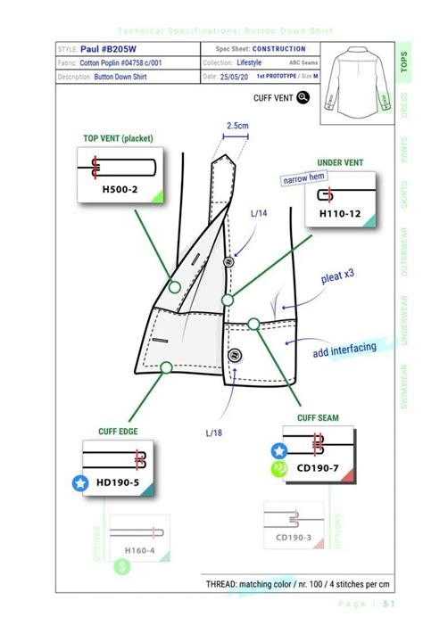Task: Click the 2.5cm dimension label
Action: pos(236,126)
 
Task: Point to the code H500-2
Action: pos(120,188)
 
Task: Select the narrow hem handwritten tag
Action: pos(301,180)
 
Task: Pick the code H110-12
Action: pos(340,214)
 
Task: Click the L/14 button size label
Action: pos(259,213)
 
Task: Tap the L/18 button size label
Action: pos(213,432)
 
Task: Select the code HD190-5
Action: pos(119,482)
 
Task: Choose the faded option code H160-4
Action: pos(139,550)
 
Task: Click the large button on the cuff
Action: pos(236,355)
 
